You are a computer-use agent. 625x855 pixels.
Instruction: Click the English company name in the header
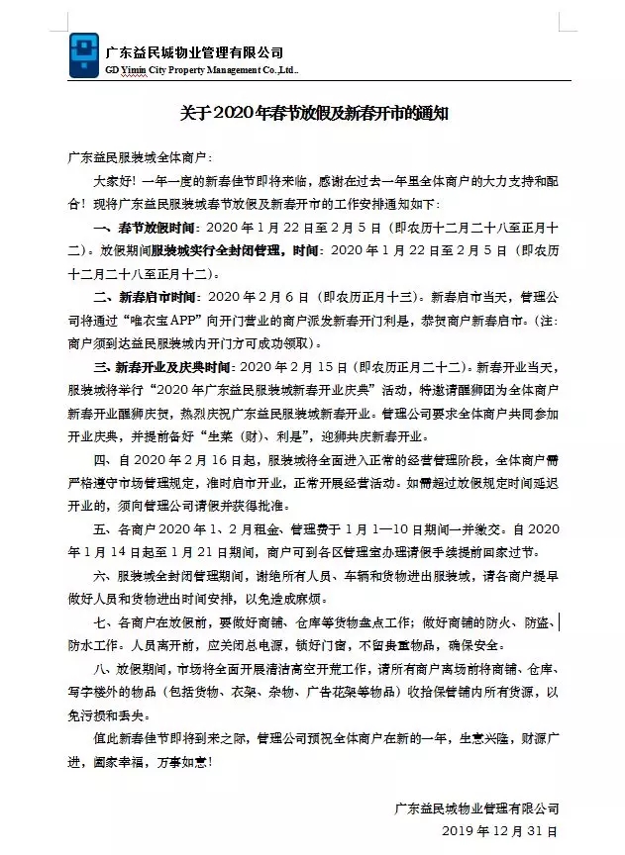point(200,72)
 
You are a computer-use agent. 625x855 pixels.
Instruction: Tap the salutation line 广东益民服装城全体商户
point(140,157)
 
